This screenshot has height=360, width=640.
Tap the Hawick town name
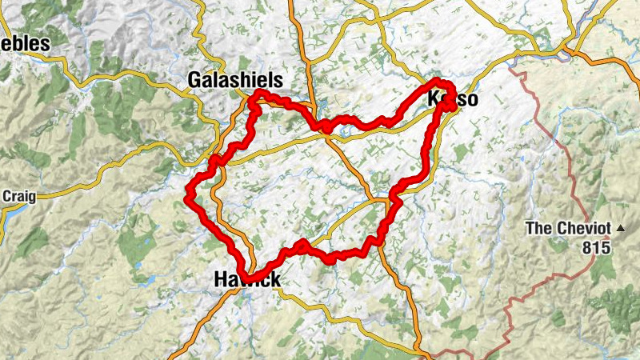[247, 279]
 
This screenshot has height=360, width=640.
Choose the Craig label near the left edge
[18, 196]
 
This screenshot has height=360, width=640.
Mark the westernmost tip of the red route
[187, 194]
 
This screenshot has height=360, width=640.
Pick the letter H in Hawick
[221, 279]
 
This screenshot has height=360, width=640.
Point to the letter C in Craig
[7, 196]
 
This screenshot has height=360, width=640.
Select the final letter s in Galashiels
[278, 80]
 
